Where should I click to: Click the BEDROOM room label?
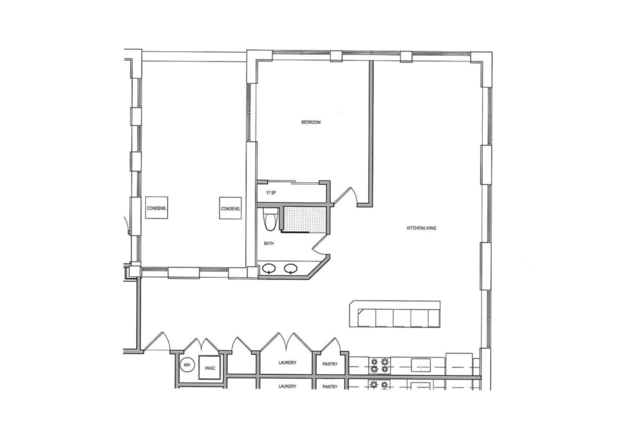click(x=311, y=122)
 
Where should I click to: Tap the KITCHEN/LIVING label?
click(x=421, y=228)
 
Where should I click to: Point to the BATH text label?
click(x=269, y=243)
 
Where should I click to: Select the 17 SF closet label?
click(x=271, y=193)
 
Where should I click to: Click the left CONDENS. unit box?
click(x=156, y=207)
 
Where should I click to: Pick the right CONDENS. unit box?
click(x=230, y=207)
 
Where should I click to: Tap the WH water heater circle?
click(x=187, y=365)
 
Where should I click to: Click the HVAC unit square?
click(x=210, y=368)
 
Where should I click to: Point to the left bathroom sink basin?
click(x=269, y=268)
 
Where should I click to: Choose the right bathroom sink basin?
click(x=291, y=268)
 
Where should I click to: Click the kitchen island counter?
click(x=395, y=314)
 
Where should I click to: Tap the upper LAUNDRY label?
click(x=287, y=363)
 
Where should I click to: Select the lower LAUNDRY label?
click(x=287, y=386)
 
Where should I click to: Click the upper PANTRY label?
click(x=330, y=364)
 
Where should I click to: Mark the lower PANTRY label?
click(x=330, y=387)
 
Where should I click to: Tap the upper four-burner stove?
click(x=379, y=366)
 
